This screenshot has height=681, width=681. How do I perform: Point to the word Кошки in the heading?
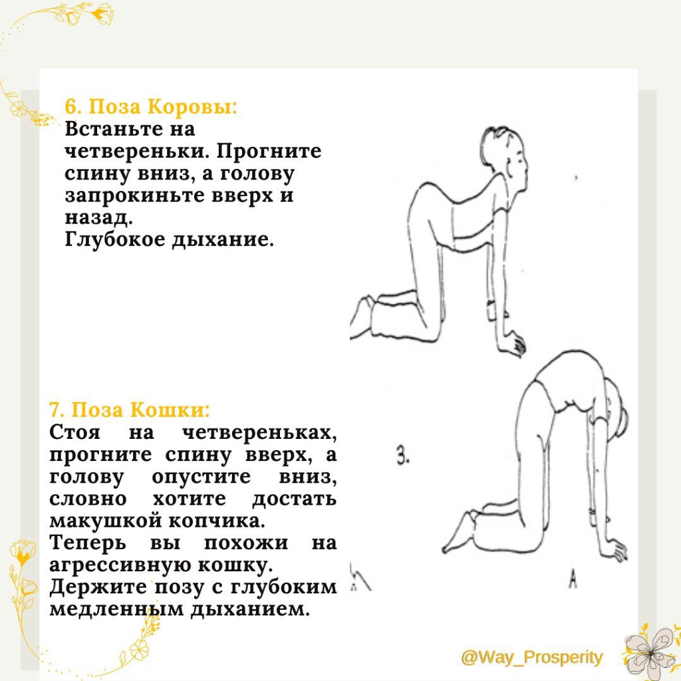(x=170, y=410)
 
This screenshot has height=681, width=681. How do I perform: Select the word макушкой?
(x=106, y=520)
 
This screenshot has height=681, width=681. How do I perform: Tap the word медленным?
(x=116, y=609)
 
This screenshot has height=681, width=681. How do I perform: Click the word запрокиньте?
(x=134, y=196)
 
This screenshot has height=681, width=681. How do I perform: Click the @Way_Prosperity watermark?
(x=532, y=658)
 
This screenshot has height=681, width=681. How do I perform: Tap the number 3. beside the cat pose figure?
(x=403, y=456)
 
